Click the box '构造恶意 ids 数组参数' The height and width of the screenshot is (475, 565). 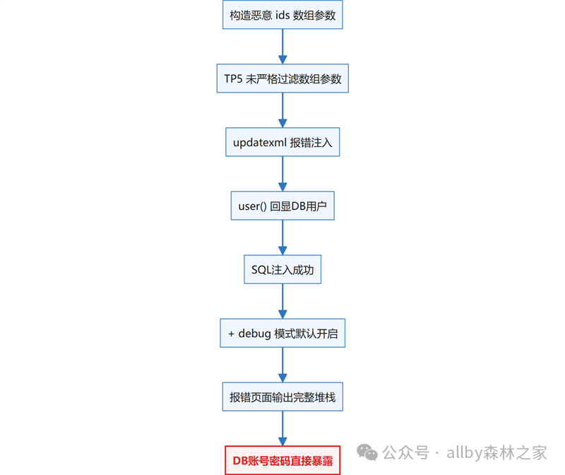282,15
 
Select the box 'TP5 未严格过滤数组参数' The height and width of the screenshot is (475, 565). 282,78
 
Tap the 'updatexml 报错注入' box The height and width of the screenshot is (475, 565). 282,142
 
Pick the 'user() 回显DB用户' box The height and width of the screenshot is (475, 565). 282,206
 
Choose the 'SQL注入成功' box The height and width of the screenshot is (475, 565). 282,269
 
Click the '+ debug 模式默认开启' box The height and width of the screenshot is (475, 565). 282,333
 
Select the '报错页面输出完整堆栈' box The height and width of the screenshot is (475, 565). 282,397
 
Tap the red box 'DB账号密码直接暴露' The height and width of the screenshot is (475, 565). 282,461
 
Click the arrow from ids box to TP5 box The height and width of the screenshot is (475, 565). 282,47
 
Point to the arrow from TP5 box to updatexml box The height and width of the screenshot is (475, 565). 282,110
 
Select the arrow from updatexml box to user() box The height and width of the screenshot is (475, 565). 282,174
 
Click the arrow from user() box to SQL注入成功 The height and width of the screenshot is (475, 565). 282,237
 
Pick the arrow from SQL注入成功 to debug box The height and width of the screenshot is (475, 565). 282,301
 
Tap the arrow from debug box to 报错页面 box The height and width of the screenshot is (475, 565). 282,365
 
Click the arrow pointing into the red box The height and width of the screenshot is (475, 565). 282,428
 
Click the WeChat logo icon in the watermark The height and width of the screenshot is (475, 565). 367,452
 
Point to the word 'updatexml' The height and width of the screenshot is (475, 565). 260,143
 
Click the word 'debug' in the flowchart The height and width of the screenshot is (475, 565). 254,334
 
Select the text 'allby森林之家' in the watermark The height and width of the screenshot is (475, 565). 496,452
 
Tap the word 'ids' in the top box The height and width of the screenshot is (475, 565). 282,15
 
